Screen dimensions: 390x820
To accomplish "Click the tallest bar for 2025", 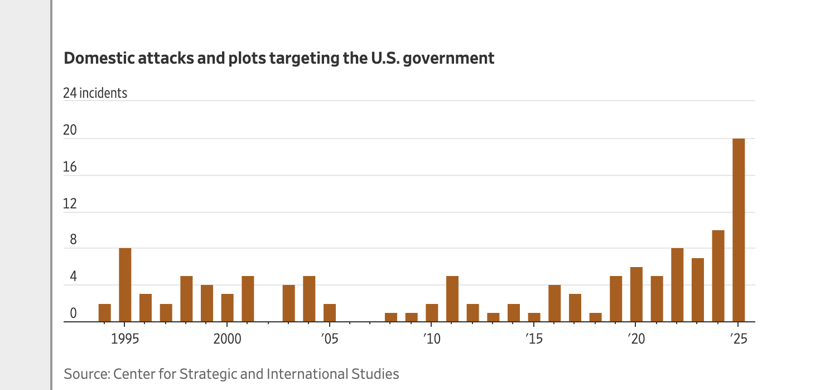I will point(738,230).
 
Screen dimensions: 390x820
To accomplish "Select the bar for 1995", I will point(125,285).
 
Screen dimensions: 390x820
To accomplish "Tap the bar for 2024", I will point(718,276).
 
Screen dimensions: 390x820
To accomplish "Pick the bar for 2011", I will point(452,299).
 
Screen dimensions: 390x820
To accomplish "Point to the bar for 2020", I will point(636,294).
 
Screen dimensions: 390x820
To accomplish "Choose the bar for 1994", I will point(105,313).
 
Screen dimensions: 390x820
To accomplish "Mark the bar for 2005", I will point(330,313).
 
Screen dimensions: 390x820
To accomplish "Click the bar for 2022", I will point(677,285).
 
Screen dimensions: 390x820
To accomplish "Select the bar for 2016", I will point(554,303).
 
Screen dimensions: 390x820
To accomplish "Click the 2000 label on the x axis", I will point(227,339).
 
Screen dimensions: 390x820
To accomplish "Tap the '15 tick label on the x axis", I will point(534,339).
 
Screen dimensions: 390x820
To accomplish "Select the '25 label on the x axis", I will point(738,339).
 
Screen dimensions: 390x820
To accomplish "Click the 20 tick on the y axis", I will point(70,130).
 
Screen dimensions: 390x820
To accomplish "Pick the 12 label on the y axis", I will point(70,204).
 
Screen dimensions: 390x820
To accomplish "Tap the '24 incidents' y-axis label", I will point(95,93).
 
